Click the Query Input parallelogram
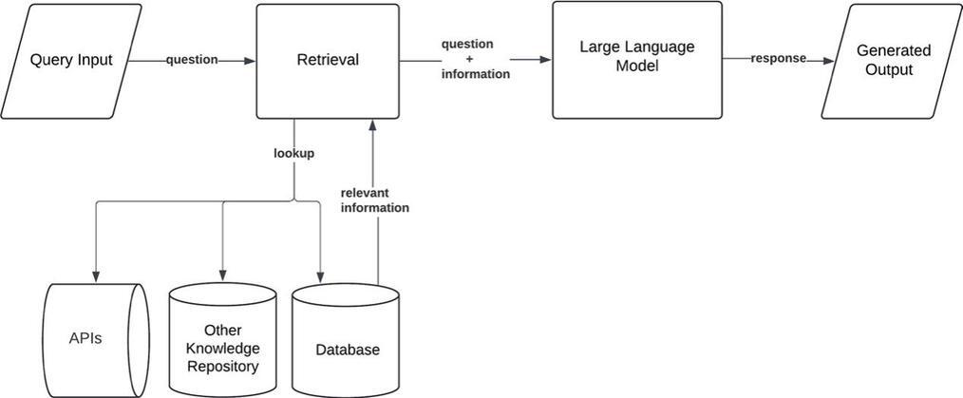pyautogui.click(x=71, y=61)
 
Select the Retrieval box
pyautogui.click(x=328, y=61)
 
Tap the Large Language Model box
pyautogui.click(x=637, y=60)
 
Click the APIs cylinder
pyautogui.click(x=98, y=340)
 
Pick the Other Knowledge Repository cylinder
pyautogui.click(x=222, y=340)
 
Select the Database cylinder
pyautogui.click(x=346, y=340)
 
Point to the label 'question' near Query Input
pyautogui.click(x=192, y=60)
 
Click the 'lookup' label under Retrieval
pyautogui.click(x=294, y=154)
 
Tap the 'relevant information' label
pyautogui.click(x=374, y=200)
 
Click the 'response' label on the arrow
pyautogui.click(x=778, y=59)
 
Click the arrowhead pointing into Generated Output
pyautogui.click(x=828, y=61)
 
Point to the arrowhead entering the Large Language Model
pyautogui.click(x=546, y=60)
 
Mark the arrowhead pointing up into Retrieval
pyautogui.click(x=371, y=124)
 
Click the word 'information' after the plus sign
pyautogui.click(x=476, y=74)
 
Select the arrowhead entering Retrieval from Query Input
pyautogui.click(x=250, y=61)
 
